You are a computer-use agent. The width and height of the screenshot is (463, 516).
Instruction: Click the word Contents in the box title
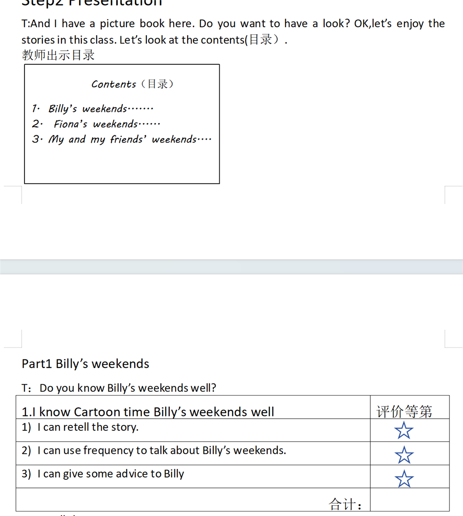click(113, 84)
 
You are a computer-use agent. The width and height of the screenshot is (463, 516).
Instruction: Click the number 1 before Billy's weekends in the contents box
click(35, 109)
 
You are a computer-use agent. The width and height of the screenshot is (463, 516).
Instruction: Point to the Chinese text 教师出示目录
click(58, 55)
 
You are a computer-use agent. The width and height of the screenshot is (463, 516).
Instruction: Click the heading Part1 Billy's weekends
click(85, 364)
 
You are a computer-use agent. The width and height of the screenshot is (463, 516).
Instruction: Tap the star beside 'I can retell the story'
click(404, 430)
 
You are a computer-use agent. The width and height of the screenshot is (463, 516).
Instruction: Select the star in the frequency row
click(404, 454)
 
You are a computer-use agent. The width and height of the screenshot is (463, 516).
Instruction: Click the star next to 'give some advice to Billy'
click(404, 478)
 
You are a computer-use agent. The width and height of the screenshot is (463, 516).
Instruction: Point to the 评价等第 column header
click(404, 411)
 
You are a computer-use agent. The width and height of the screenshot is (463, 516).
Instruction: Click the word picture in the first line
click(117, 24)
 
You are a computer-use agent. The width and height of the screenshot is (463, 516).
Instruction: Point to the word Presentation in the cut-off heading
click(115, 3)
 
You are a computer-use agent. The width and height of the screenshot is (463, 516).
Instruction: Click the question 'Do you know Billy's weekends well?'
click(128, 388)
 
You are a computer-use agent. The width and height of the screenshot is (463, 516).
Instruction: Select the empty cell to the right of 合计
click(409, 500)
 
